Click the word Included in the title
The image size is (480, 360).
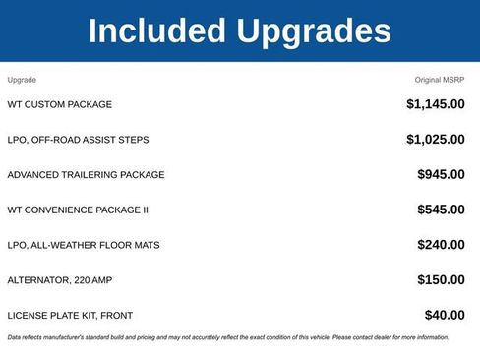pyautogui.click(x=158, y=31)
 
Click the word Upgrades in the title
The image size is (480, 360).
pyautogui.click(x=313, y=33)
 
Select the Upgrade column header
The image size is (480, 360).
pyautogui.click(x=22, y=79)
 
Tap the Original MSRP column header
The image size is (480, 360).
pyautogui.click(x=440, y=79)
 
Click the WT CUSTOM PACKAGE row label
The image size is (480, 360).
pyautogui.click(x=59, y=104)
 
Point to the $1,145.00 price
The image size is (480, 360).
pyautogui.click(x=435, y=104)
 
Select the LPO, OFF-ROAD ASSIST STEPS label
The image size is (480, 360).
pyautogui.click(x=78, y=140)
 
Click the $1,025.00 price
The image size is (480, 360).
pyautogui.click(x=435, y=140)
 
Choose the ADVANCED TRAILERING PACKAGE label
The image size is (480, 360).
pyautogui.click(x=86, y=175)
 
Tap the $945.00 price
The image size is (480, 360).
pyautogui.click(x=441, y=175)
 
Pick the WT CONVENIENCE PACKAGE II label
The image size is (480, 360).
pyautogui.click(x=78, y=210)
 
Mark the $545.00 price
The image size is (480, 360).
pyautogui.click(x=441, y=210)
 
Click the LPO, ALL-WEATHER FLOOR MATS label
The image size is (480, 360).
pyautogui.click(x=83, y=245)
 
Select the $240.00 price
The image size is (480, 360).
pyautogui.click(x=441, y=245)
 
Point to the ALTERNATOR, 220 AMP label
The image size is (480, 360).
pyautogui.click(x=59, y=280)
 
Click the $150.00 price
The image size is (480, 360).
pyautogui.click(x=441, y=280)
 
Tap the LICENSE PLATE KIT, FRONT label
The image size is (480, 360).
pyautogui.click(x=70, y=316)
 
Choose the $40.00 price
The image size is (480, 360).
pyautogui.click(x=445, y=316)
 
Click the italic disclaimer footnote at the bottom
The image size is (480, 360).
pyautogui.click(x=227, y=337)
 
